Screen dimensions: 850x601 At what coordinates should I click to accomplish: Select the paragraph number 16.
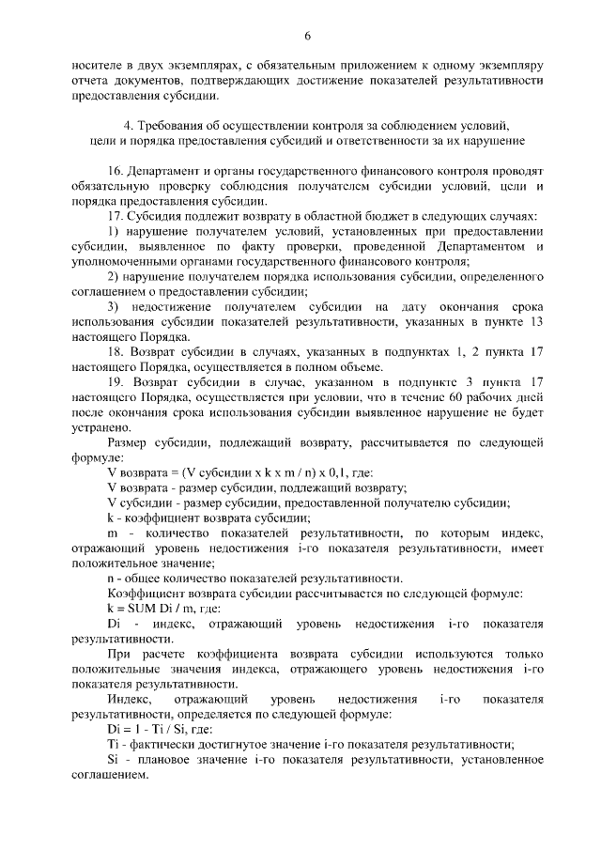(x=116, y=174)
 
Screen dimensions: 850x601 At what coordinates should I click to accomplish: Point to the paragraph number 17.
(x=116, y=216)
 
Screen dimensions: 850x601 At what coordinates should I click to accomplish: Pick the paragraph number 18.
(x=116, y=377)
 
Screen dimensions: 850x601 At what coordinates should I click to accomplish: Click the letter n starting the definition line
(x=111, y=578)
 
